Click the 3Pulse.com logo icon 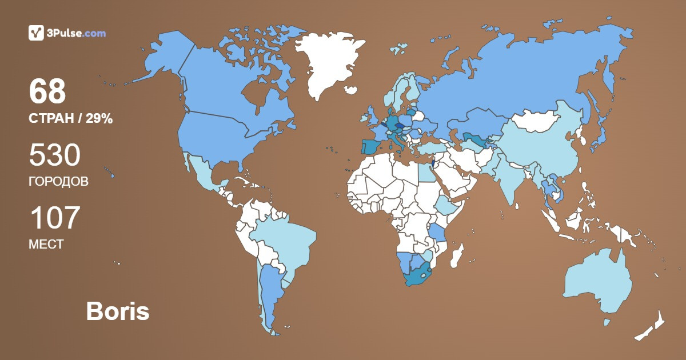pos(37,33)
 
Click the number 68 pos(47,91)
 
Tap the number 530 pos(55,155)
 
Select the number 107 pos(54,218)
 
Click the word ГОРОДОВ pos(58,182)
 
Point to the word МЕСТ pos(46,245)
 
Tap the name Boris pos(117,311)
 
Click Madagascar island pos(457,255)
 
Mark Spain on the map pos(370,146)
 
